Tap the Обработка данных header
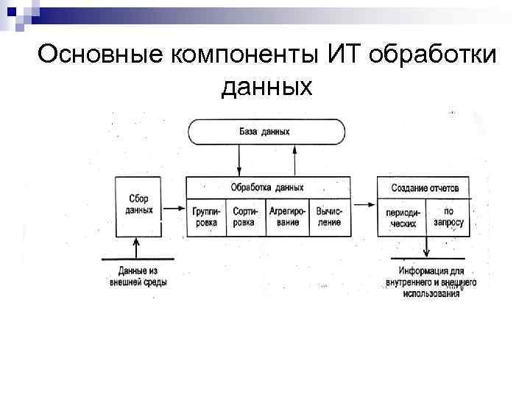click(x=266, y=187)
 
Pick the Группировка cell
click(x=206, y=217)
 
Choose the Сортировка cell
click(x=244, y=217)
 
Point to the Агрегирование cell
click(x=287, y=217)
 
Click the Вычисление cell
click(x=328, y=217)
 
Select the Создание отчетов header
click(x=423, y=188)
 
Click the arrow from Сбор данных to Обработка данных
click(x=174, y=209)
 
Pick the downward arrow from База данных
click(x=239, y=159)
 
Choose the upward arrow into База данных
click(x=294, y=159)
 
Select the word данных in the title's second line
click(x=266, y=87)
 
